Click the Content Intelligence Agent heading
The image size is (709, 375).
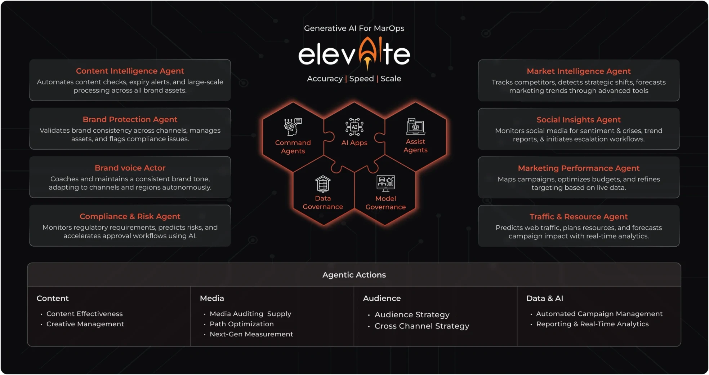[130, 71]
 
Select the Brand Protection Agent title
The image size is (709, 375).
[130, 119]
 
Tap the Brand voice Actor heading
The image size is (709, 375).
[130, 168]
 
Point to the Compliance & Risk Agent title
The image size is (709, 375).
[130, 216]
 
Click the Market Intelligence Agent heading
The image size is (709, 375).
[579, 71]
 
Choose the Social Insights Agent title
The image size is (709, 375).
[579, 120]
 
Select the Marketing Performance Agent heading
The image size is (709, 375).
[579, 168]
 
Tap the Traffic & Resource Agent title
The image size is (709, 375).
[579, 217]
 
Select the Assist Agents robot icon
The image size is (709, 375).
[415, 127]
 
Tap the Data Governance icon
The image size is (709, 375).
[323, 184]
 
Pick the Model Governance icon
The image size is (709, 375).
[385, 183]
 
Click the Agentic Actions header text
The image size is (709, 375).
[354, 275]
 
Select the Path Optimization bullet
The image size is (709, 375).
[241, 324]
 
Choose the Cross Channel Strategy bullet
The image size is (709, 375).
[422, 326]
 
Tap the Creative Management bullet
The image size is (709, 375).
[85, 324]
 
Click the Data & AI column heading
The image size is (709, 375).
[544, 298]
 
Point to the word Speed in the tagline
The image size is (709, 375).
[361, 79]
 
